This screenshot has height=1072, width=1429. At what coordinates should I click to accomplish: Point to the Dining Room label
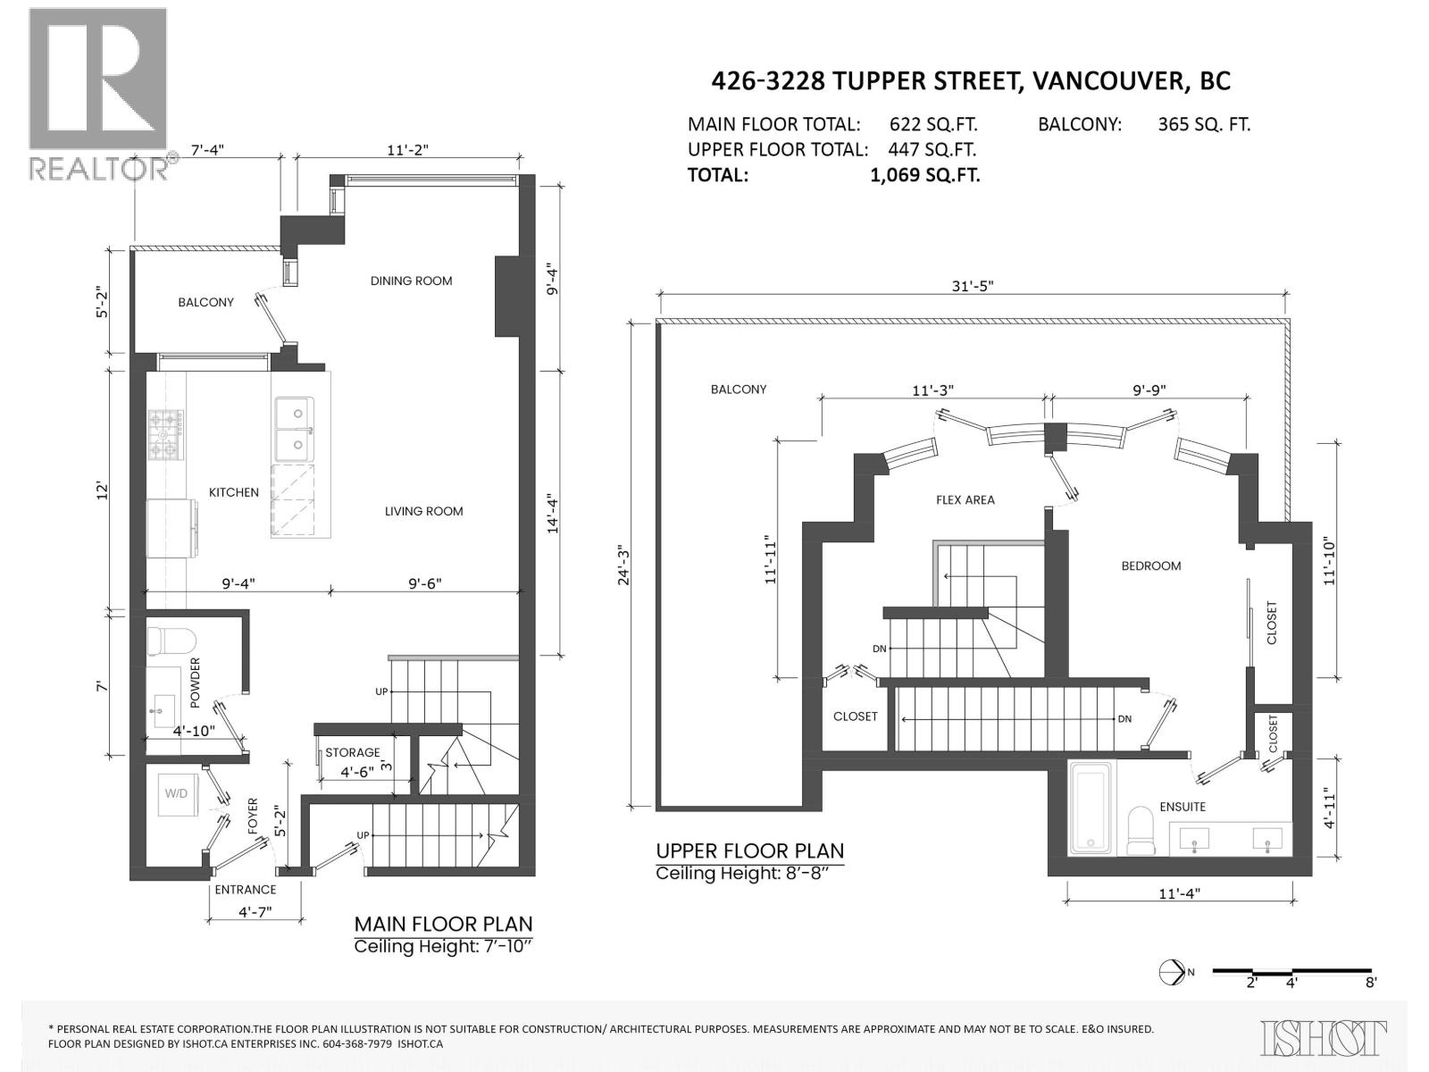(411, 281)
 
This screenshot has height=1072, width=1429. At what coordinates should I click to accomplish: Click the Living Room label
(423, 511)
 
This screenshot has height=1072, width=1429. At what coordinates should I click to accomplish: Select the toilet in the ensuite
(1141, 831)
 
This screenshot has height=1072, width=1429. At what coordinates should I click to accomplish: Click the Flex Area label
(965, 499)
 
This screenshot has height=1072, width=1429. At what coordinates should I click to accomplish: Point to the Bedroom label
(1150, 565)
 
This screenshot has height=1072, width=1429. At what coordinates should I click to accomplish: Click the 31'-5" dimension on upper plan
(972, 286)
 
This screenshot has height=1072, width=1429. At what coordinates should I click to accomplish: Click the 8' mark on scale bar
(1370, 982)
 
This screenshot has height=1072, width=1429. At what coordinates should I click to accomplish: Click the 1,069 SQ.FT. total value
(924, 175)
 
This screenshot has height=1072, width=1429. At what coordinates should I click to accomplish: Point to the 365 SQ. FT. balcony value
(1203, 125)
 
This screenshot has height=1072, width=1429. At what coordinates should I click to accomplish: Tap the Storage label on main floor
(352, 752)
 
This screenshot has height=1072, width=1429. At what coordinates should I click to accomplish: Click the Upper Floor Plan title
(749, 851)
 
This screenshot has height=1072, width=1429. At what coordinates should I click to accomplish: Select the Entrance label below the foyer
(245, 889)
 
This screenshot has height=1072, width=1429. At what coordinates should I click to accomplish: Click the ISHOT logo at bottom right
(1325, 1038)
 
